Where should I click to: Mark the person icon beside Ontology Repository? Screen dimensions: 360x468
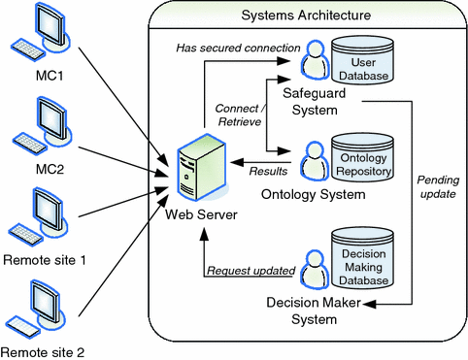(311, 159)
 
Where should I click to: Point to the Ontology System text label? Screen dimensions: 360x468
(313, 195)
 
